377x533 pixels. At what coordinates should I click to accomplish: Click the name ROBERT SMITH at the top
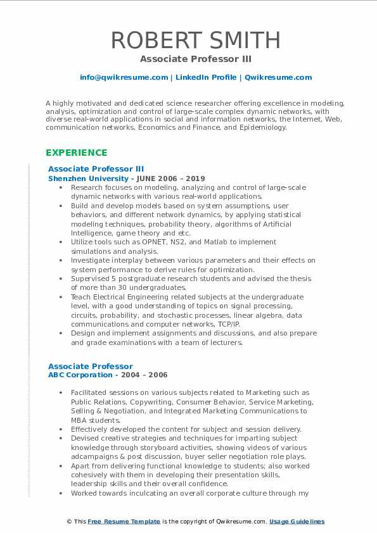[x=196, y=40]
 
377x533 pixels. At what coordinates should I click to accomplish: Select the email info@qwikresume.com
[x=124, y=77]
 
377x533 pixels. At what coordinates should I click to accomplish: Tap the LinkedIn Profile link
[x=199, y=77]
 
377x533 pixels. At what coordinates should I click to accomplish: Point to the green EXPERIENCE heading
[x=76, y=153]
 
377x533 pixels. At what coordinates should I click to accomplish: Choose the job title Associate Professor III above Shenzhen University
[x=96, y=169]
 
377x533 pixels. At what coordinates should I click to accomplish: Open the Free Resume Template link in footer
[x=124, y=522]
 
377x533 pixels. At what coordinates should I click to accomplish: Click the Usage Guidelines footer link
[x=297, y=522]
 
